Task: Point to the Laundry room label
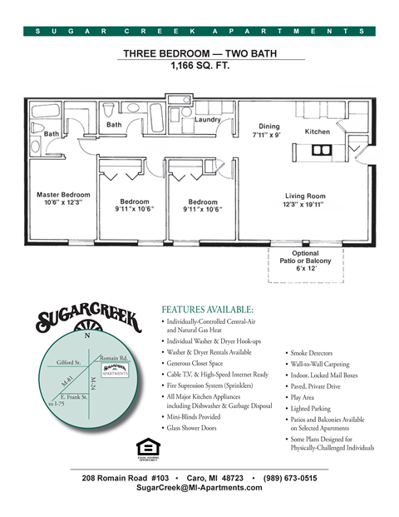[x=207, y=120]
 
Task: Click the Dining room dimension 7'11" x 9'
[x=267, y=134]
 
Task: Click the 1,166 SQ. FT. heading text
[x=199, y=65]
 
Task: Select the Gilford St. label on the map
[x=68, y=362]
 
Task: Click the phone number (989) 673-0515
[x=288, y=478]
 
